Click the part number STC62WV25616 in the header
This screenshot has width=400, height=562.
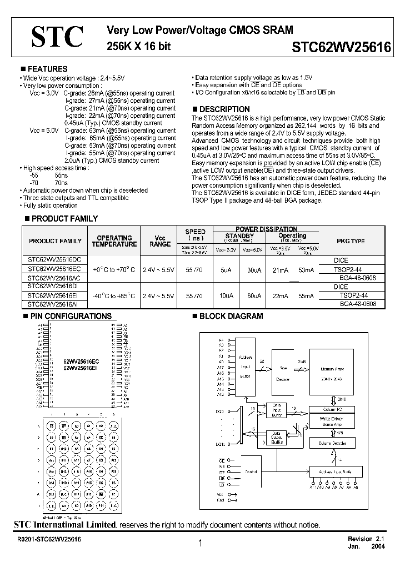[341, 48]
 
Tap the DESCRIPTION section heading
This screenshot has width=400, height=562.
[224, 109]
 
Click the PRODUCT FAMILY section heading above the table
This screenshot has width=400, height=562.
[62, 219]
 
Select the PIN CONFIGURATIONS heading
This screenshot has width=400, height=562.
[70, 316]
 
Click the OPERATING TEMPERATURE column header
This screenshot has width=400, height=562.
[114, 241]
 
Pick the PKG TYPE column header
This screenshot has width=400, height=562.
[351, 242]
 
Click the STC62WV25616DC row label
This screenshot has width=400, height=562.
[54, 259]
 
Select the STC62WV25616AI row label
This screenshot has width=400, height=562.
[54, 304]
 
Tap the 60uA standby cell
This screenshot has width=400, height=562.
[254, 296]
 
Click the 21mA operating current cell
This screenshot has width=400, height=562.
[281, 269]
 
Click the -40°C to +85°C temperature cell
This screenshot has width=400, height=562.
[114, 296]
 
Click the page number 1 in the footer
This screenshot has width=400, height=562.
[199, 544]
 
